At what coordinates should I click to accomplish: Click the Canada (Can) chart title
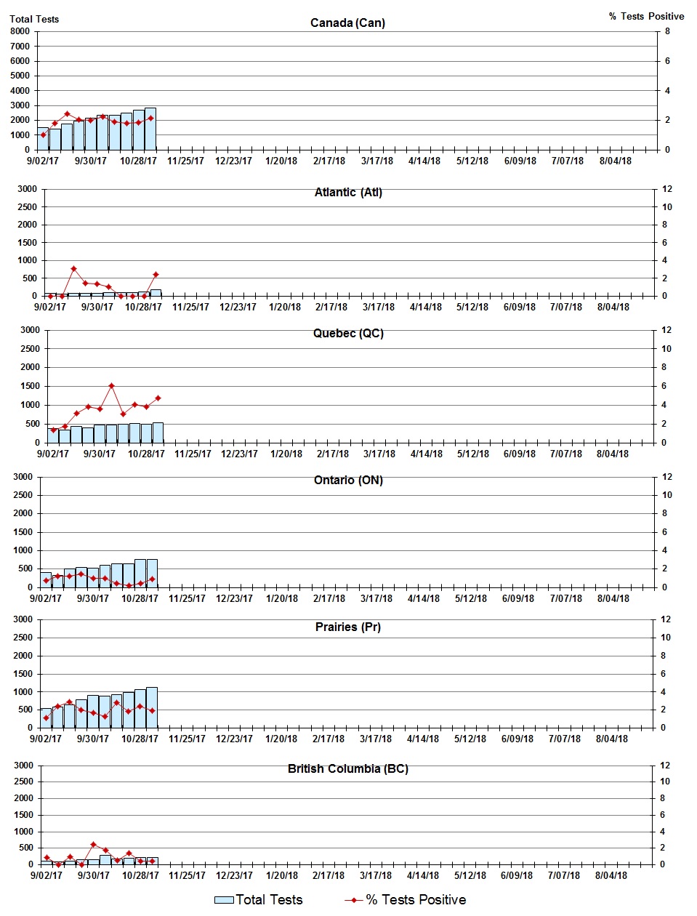[347, 23]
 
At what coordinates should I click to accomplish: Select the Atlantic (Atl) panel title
[348, 192]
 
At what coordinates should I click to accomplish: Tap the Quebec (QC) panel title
[348, 333]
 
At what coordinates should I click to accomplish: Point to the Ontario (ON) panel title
[348, 480]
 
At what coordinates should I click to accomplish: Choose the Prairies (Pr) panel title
[348, 627]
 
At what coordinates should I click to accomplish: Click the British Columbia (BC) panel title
[348, 768]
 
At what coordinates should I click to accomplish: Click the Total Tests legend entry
[259, 900]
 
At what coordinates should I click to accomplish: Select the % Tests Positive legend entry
[406, 900]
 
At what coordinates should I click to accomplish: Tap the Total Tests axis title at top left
[34, 19]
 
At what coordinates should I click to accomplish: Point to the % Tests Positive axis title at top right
[646, 16]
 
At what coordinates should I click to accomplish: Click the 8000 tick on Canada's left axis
[20, 31]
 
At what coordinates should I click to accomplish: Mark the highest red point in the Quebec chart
[111, 386]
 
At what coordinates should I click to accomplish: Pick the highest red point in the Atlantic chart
[73, 269]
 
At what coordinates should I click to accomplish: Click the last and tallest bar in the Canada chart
[150, 129]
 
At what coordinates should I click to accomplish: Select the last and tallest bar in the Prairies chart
[151, 707]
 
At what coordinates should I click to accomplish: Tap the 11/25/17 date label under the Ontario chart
[187, 598]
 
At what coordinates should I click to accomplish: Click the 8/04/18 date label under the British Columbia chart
[611, 875]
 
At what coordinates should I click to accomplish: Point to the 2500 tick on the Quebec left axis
[31, 349]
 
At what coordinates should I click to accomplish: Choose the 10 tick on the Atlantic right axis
[666, 207]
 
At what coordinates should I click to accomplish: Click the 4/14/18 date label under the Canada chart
[424, 161]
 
